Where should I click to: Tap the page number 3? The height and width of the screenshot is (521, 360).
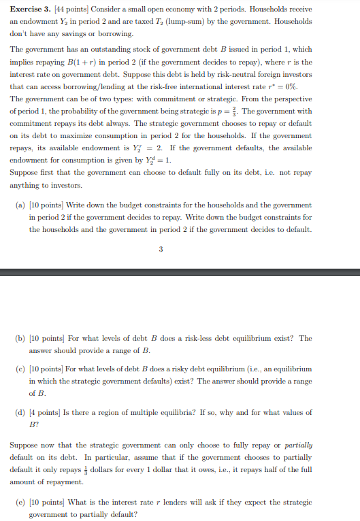(161, 249)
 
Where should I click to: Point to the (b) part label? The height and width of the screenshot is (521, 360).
(20, 338)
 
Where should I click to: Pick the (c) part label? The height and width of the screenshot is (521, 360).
(20, 368)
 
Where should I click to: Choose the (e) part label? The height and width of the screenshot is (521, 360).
(20, 502)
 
